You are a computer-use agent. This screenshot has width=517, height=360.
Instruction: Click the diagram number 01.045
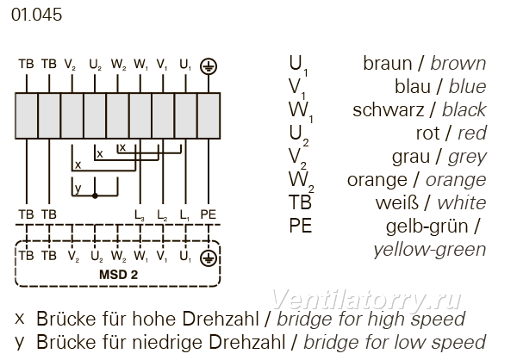(x=36, y=15)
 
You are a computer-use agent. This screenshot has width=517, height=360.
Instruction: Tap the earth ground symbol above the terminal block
(x=209, y=66)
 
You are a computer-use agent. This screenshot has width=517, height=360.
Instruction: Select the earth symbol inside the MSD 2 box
(x=209, y=258)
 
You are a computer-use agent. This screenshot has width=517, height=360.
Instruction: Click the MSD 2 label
(x=118, y=275)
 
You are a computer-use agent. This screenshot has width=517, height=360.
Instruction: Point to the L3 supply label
(x=140, y=215)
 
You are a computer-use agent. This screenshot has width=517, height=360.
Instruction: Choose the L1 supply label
(x=185, y=215)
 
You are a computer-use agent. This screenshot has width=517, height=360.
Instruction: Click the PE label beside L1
(x=209, y=214)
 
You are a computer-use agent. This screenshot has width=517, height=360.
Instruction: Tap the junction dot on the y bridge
(x=95, y=196)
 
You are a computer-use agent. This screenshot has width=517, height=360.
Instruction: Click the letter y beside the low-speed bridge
(x=78, y=189)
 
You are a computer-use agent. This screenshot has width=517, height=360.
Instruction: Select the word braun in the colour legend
(x=388, y=63)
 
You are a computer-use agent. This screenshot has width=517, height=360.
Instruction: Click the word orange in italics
(x=456, y=180)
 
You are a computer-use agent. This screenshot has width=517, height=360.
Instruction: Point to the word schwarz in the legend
(x=388, y=109)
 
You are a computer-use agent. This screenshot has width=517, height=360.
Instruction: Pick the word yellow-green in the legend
(x=430, y=250)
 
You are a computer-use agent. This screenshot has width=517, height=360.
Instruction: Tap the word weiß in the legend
(x=396, y=202)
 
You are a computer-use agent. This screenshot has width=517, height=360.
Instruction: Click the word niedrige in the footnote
(x=170, y=342)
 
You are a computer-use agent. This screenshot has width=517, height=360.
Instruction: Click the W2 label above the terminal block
(x=119, y=65)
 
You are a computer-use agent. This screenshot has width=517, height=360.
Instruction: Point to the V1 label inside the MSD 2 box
(x=162, y=256)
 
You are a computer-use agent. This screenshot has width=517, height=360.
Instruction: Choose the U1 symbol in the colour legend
(x=298, y=65)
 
